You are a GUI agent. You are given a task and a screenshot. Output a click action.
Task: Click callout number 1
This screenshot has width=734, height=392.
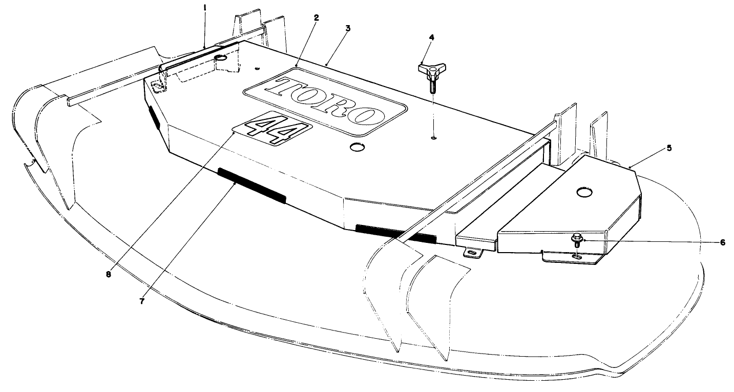[x=205, y=9]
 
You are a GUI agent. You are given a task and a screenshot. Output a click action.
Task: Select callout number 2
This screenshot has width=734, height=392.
[x=317, y=17]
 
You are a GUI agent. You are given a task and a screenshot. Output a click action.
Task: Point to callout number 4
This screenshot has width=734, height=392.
[x=431, y=37]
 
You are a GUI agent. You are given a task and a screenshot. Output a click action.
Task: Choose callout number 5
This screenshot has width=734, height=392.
[x=669, y=148]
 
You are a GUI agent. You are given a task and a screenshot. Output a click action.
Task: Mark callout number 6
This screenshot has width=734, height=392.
[x=723, y=242]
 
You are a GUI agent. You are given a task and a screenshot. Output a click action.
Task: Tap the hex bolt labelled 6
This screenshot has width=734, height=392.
[x=576, y=238]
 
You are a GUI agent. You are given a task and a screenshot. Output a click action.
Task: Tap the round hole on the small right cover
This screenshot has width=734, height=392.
[x=583, y=193]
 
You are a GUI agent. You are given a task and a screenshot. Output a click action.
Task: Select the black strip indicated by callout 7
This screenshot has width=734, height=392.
[x=251, y=183]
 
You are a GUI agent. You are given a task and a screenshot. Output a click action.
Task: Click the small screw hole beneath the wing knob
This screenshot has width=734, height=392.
[x=433, y=137]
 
